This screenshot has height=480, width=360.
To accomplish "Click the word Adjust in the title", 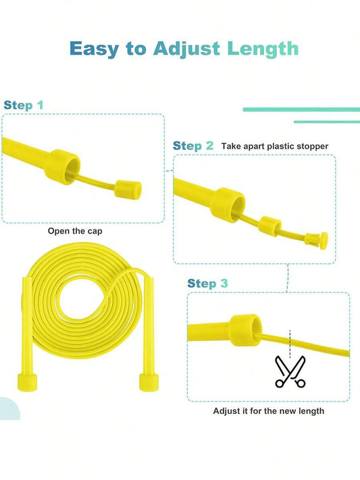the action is point(186,49).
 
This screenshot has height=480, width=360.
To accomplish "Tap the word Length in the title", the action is point(263,49).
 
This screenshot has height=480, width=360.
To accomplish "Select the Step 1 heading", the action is point(23,105).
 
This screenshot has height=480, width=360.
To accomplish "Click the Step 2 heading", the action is point(192,146).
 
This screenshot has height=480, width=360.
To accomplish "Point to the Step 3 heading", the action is point(207,284).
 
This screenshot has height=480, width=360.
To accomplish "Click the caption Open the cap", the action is point(75,231).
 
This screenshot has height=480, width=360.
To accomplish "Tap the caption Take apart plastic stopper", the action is point(275,146).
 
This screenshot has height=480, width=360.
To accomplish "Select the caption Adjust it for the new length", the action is point(268,411).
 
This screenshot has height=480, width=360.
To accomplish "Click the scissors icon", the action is point(290,371).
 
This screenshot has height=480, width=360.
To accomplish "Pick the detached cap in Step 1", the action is point(128,190).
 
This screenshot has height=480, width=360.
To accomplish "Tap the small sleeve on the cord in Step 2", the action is point(269,226).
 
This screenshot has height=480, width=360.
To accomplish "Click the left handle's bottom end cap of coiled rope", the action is point(27,382).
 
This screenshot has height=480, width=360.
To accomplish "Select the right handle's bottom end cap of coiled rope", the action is point(149,381).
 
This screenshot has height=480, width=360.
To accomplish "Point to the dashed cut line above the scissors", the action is point(290,344).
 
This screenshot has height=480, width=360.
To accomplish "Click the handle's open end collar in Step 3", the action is point(245,330).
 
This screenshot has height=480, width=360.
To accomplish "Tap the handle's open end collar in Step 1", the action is point(62,167).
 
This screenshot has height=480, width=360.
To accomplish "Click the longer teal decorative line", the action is point(301,109).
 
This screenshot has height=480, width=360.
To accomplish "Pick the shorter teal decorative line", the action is point(327,122).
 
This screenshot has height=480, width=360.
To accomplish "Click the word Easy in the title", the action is point(94,49).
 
